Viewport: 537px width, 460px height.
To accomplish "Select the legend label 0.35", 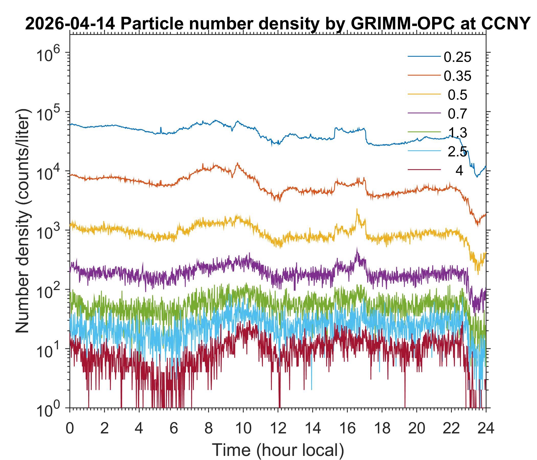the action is [x=457, y=76].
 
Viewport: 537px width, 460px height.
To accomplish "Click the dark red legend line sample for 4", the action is [x=424, y=170].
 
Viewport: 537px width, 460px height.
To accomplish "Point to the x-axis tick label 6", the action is [x=174, y=428].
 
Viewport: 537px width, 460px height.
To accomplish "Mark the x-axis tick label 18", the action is [x=382, y=428].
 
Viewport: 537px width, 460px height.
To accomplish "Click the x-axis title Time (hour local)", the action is [x=278, y=450].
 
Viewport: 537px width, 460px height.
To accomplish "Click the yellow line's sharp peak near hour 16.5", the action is [x=357, y=209].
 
